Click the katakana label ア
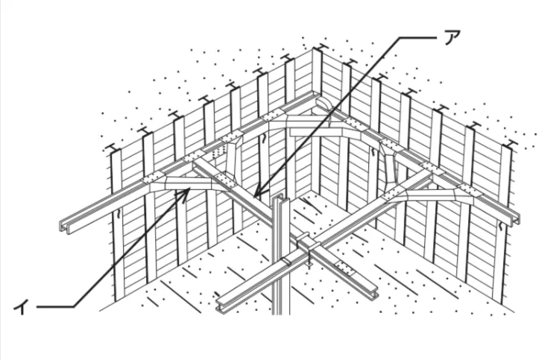coord(452,37)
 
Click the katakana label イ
coord(21,306)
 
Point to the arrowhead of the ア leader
coord(256,195)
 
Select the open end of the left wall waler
coord(65,227)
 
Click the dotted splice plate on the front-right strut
coord(344,268)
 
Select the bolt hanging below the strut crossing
coord(309,264)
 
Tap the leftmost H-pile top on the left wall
coord(113,147)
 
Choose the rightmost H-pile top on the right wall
coord(511,144)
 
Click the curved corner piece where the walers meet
coord(323,104)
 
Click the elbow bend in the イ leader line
coord(74,306)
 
